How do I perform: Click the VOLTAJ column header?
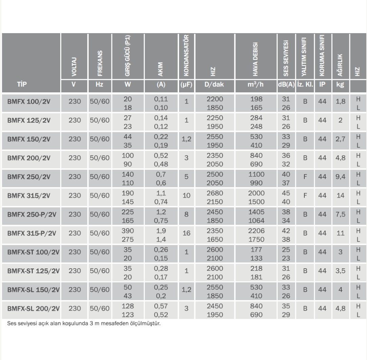74,67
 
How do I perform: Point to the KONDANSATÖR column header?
186,56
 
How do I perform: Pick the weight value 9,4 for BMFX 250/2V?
341,177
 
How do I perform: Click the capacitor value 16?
186,233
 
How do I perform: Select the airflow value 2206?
256,230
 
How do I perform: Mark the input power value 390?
128,230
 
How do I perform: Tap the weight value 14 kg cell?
341,196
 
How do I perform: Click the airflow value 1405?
256,211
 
